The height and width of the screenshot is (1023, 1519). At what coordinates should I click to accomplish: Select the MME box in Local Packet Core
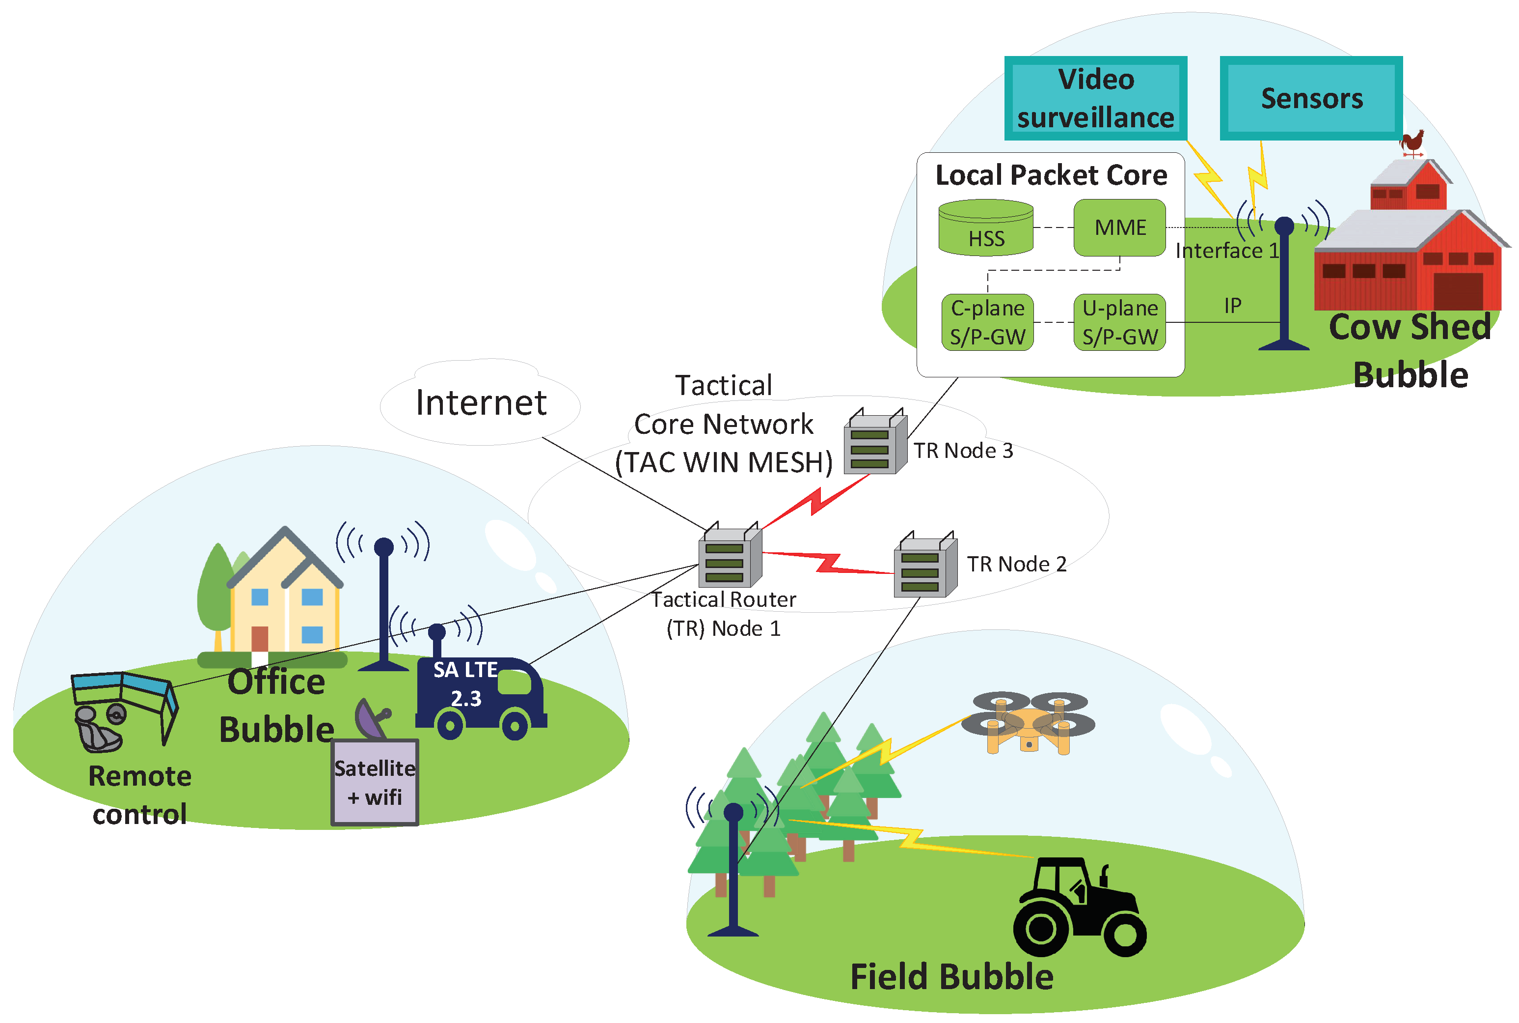[x=1119, y=227]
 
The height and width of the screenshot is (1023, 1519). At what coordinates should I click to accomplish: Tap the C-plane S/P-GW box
[x=987, y=322]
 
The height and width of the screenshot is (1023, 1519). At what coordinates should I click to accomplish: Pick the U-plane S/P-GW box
[x=1119, y=322]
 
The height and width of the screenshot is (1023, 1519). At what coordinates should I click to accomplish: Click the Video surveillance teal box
[x=1095, y=98]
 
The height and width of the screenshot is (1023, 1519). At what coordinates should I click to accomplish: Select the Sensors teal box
[x=1310, y=98]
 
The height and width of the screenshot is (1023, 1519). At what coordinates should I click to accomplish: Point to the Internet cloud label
[x=481, y=402]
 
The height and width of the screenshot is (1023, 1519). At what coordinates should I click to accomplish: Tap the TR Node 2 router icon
[x=924, y=566]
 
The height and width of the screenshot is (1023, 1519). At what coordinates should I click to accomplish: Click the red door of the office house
[x=260, y=638]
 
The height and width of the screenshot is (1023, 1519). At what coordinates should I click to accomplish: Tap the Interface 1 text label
[x=1226, y=251]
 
